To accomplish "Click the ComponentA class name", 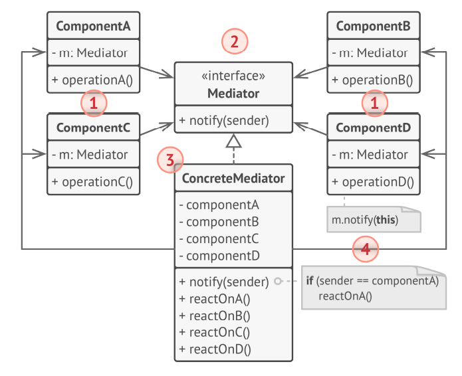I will click(x=92, y=27).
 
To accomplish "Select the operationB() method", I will click(x=372, y=80).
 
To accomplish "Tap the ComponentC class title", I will click(x=92, y=127).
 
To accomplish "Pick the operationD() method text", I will click(x=372, y=181).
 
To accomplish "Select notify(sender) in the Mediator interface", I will click(x=223, y=120).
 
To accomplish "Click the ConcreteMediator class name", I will click(x=233, y=178).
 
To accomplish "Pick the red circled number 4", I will click(x=365, y=250).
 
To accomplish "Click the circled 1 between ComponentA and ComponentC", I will click(x=94, y=103).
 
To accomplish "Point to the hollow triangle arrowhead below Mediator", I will click(x=233, y=140).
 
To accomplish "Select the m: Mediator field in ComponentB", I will click(x=372, y=52).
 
